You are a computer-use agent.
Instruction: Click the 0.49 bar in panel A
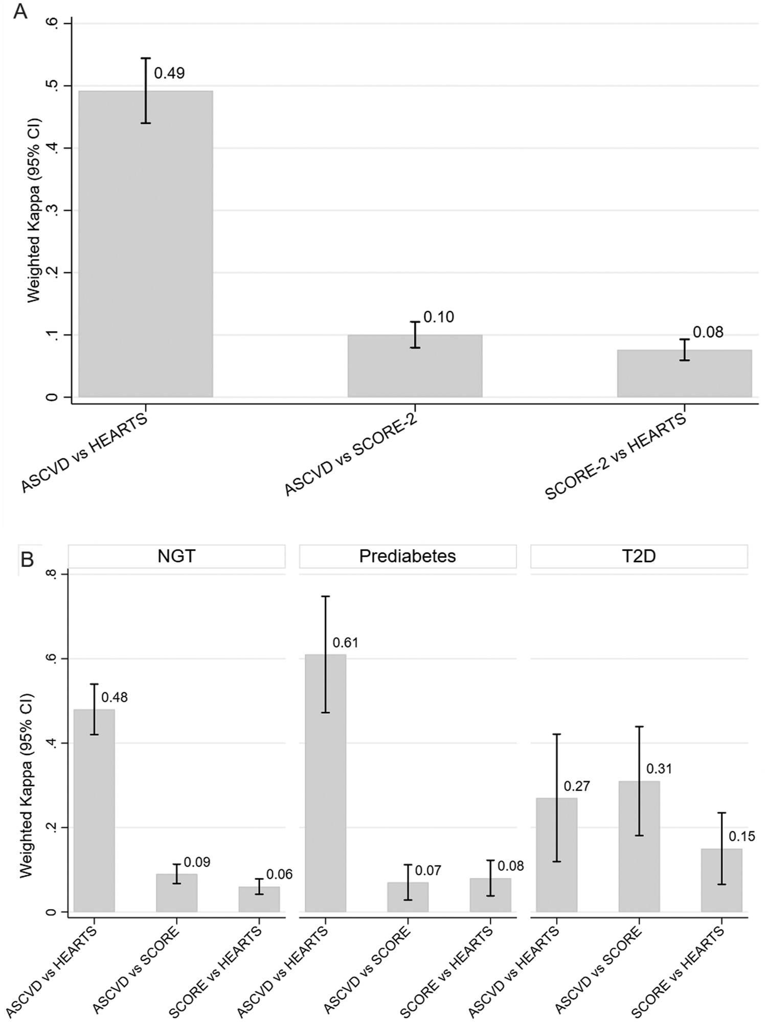[146, 245]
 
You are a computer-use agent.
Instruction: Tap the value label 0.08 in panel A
[708, 332]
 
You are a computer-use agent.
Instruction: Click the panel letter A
[20, 11]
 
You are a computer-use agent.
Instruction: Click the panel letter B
[27, 559]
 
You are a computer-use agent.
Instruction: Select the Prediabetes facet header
[408, 556]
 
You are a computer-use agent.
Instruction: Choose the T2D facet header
[639, 556]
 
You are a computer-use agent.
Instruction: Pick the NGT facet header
[176, 556]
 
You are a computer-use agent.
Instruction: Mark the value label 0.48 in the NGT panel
[115, 697]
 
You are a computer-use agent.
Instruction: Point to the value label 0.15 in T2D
[741, 836]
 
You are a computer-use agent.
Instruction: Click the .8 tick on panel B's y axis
[51, 574]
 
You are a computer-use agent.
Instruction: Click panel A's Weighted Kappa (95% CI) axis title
[33, 211]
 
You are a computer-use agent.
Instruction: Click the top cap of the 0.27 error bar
[557, 734]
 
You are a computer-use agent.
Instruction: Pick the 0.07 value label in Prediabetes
[428, 871]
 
